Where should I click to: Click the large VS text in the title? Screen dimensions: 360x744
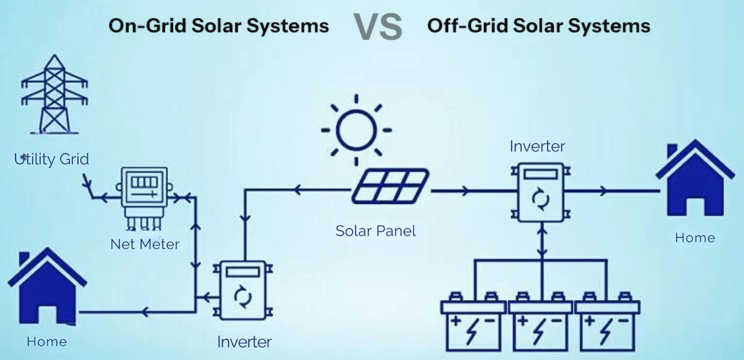tap(378, 27)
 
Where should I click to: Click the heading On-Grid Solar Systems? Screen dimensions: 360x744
tap(219, 26)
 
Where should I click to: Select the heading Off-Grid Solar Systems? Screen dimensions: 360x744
tap(538, 26)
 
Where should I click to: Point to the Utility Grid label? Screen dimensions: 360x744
tap(52, 160)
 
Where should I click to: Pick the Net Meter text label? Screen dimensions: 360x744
tap(145, 244)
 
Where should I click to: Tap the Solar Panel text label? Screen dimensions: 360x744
tap(375, 231)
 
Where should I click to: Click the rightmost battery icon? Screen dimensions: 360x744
tap(607, 324)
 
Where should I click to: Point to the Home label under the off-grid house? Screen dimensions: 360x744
tap(695, 238)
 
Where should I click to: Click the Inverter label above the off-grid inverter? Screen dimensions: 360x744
tap(537, 146)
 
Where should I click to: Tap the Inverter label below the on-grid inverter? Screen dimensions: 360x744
tap(244, 342)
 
